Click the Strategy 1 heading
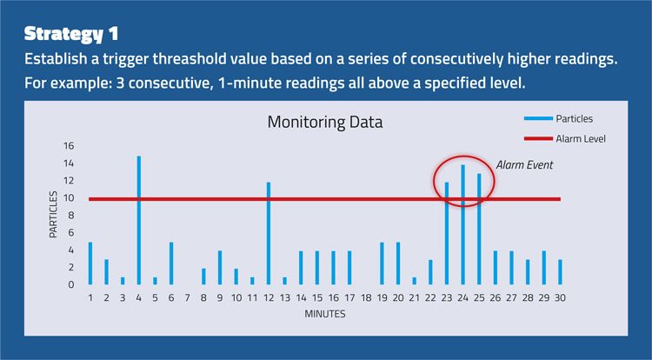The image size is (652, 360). pos(71,34)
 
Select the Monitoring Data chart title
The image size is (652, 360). pos(325,123)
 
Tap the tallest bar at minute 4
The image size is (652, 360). pos(139,220)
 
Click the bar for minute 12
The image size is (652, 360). pos(269,233)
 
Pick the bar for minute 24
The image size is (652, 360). pos(462,225)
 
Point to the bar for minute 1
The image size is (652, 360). pos(90,263)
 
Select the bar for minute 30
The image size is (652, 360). pos(560,272)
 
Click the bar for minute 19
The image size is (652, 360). pos(383,263)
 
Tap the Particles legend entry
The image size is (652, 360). pos(558,118)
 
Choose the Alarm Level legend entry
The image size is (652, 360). pos(565,138)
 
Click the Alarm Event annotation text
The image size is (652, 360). pos(524,165)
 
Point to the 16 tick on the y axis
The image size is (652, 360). pos(69,145)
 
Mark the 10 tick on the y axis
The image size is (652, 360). pos(69,198)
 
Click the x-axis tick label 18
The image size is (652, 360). pos(366,298)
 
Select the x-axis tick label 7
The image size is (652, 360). pos(188,298)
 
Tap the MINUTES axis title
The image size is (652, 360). pos(325,314)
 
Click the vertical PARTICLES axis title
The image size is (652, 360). pos(53,215)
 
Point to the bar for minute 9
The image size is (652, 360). pos(220,268)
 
